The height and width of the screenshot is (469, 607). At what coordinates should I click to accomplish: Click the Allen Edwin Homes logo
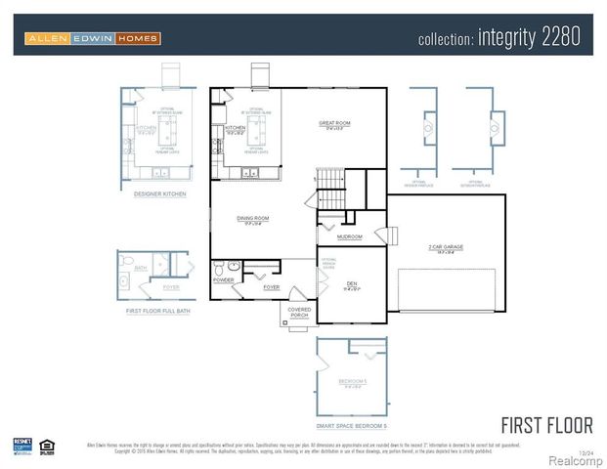click(93, 38)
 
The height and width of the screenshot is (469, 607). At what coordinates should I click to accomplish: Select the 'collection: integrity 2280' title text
click(499, 38)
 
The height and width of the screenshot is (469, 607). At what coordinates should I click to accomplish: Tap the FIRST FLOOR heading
click(546, 425)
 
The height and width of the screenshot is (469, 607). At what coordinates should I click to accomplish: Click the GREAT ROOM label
click(334, 123)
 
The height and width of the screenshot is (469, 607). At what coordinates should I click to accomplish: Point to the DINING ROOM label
click(253, 218)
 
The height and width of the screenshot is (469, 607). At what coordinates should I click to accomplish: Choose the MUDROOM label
click(350, 236)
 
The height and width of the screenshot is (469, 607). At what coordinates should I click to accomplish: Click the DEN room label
click(351, 282)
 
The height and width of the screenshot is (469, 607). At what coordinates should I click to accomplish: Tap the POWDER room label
click(224, 280)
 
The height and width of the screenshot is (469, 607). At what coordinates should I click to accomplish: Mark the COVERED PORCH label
click(299, 312)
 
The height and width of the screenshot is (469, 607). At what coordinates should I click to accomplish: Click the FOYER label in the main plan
click(271, 287)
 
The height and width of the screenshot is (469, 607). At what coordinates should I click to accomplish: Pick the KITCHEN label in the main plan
click(236, 128)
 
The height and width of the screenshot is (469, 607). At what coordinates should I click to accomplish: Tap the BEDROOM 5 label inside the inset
click(352, 380)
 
